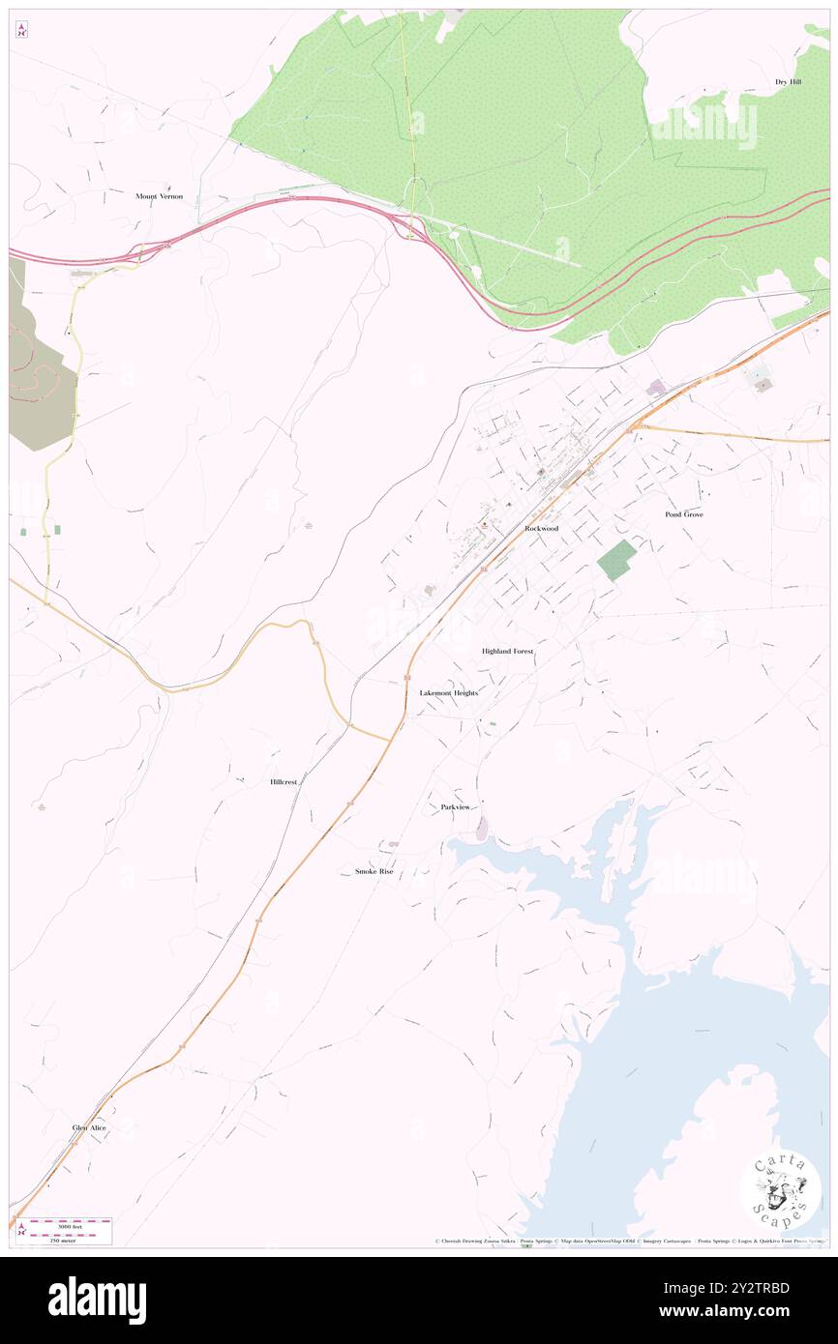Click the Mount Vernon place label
(x=159, y=196)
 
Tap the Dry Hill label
(x=788, y=82)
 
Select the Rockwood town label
(x=541, y=529)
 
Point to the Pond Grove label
(x=683, y=514)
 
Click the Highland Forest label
(x=507, y=652)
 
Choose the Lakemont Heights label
(x=448, y=693)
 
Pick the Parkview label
(x=455, y=806)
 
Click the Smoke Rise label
(x=374, y=871)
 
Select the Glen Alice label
(x=89, y=1128)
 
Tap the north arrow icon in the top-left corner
(x=21, y=31)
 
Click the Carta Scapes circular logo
(x=780, y=1189)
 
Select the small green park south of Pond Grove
(x=616, y=560)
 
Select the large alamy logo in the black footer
(x=97, y=1300)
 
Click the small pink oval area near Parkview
(x=482, y=828)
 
